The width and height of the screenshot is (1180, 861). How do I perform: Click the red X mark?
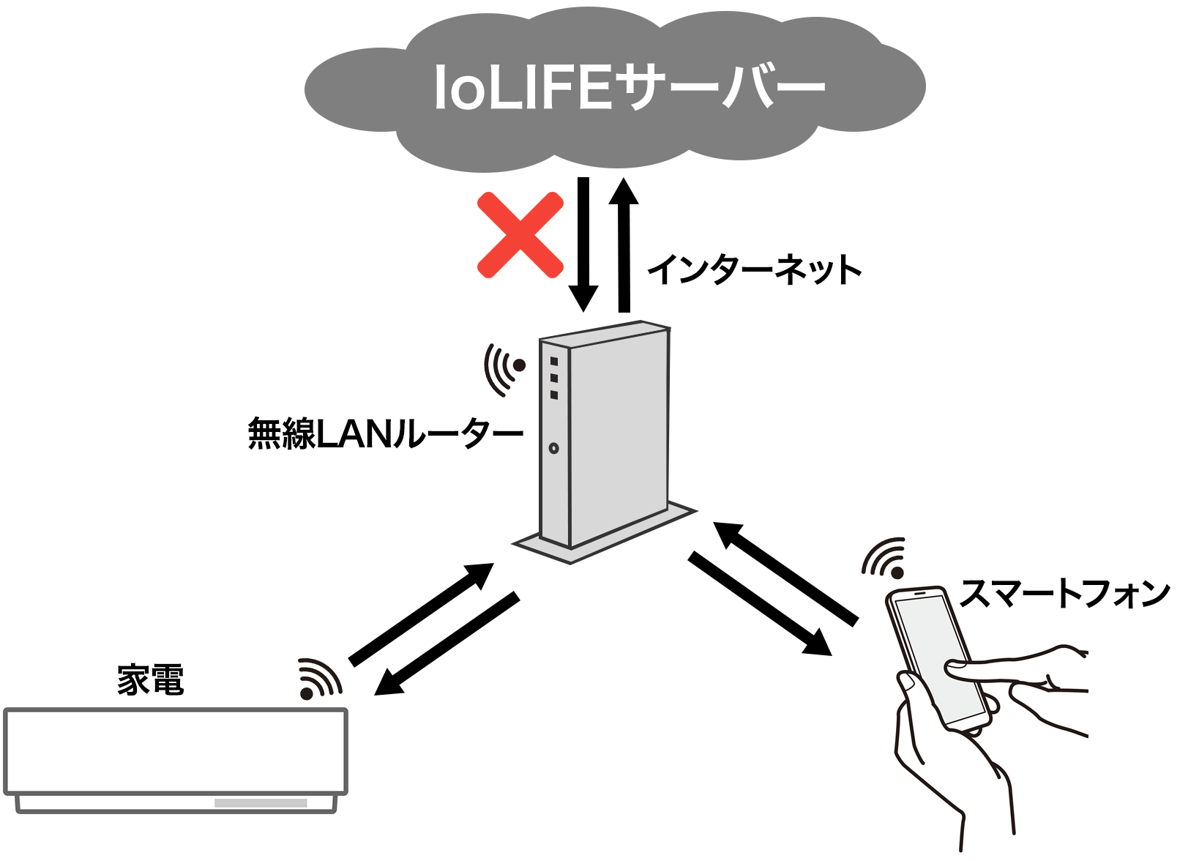click(x=520, y=234)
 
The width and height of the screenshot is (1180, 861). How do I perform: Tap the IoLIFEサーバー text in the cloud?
click(x=630, y=87)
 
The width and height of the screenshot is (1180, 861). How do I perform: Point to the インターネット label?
click(x=755, y=269)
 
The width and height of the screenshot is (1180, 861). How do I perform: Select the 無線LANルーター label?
click(x=386, y=433)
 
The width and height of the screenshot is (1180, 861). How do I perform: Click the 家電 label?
click(x=151, y=679)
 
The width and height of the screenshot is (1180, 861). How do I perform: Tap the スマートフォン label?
click(x=1065, y=593)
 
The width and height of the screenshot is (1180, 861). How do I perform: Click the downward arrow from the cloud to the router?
click(x=583, y=245)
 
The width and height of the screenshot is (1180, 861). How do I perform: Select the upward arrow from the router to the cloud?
click(x=624, y=245)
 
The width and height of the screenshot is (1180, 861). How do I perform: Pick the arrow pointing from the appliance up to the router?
click(x=422, y=614)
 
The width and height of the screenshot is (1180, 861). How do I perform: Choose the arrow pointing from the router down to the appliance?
click(x=447, y=644)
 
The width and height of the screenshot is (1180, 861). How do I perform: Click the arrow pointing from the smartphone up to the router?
click(x=785, y=574)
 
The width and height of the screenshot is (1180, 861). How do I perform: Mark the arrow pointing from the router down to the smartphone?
click(x=760, y=603)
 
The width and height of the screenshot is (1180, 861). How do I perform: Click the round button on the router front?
click(x=553, y=448)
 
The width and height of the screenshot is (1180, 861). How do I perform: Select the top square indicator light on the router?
click(x=553, y=361)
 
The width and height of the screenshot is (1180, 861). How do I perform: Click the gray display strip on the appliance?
click(x=261, y=803)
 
